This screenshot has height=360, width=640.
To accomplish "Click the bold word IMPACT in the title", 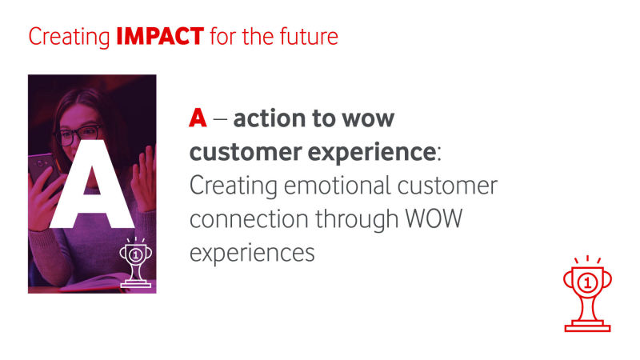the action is (160, 36).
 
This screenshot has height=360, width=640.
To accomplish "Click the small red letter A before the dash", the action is (198, 118).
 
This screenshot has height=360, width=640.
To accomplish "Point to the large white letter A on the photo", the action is (92, 185).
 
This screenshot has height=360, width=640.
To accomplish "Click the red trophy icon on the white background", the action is (587, 294).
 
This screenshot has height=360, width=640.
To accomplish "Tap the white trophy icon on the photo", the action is (135, 262).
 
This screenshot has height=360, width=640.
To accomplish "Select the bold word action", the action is (270, 118).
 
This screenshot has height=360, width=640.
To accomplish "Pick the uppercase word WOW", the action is (434, 218).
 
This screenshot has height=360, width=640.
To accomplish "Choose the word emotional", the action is (337, 186).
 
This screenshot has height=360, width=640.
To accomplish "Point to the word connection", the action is (249, 218).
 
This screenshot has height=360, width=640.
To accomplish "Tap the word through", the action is (356, 219).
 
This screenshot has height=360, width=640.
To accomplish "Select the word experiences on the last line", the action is (252, 254).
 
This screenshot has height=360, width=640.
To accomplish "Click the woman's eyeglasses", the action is (78, 135).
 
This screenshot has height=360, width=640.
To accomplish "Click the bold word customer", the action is (246, 152).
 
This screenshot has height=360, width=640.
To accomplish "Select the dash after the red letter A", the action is (220, 120).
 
